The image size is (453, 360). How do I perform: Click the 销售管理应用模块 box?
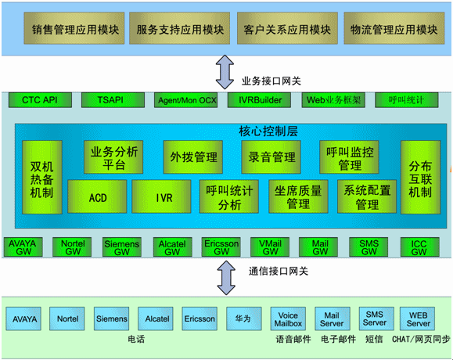coord(74,28)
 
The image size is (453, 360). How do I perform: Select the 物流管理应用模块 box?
coord(394,28)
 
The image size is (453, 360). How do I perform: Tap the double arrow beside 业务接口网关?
coord(225,72)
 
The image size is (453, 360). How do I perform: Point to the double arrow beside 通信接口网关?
coord(226,278)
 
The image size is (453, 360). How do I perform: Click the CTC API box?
coord(40,100)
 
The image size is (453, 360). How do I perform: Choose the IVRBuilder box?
coord(259,100)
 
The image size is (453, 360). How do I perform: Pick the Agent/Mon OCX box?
coord(185,100)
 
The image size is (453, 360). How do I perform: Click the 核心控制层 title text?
coord(268,131)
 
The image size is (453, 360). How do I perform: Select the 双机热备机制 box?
coord(42,177)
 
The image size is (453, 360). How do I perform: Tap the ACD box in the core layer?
coord(97,196)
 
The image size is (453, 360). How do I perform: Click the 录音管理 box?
coord(271,157)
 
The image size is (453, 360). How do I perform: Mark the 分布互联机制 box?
coord(421,177)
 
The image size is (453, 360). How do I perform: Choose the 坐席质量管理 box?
coord(298,196)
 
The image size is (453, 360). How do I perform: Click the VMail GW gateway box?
coord(270,247)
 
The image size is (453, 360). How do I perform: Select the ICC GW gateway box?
coord(420,247)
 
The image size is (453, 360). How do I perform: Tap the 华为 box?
coord(244,319)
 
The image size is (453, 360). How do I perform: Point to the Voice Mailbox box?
coord(288,319)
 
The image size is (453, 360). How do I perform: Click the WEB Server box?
coord(417,319)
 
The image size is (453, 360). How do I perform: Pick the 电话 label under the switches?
coord(136,339)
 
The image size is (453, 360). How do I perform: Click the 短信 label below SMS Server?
coord(374,339)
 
